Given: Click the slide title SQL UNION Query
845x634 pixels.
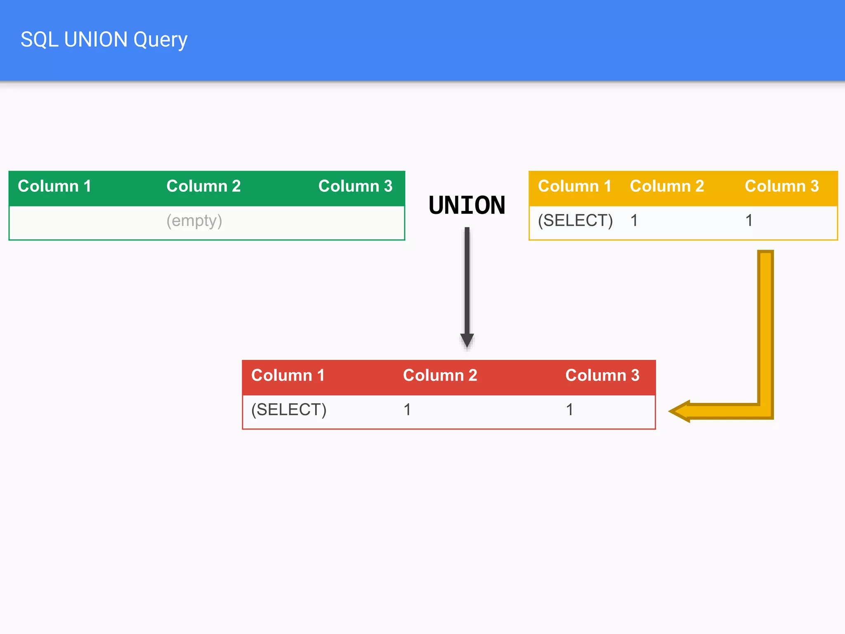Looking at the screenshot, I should click(x=104, y=40).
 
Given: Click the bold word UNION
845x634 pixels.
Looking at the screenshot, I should click(x=467, y=205).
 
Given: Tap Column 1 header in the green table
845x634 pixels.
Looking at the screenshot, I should click(x=54, y=186).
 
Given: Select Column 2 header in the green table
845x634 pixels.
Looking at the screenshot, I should click(x=203, y=186).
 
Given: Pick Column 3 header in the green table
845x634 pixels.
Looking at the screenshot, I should click(x=355, y=186).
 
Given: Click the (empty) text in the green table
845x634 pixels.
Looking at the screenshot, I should click(x=194, y=221).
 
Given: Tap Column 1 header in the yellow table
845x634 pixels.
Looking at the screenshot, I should click(x=574, y=186).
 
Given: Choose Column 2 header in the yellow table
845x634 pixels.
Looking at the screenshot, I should click(x=667, y=186).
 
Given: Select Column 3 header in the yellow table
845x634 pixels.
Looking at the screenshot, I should click(x=781, y=186).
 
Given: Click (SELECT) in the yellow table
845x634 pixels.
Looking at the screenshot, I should click(x=575, y=220).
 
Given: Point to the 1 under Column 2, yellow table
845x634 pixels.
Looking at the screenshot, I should click(x=634, y=220).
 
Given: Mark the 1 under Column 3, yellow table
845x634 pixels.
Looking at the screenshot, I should click(x=749, y=220).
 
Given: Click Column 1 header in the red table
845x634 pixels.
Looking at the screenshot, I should click(x=288, y=375).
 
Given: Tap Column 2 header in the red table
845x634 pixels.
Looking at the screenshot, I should click(x=440, y=375).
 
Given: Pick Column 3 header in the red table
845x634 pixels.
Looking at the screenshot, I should click(x=602, y=375).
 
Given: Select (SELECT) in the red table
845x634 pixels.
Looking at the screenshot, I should click(x=289, y=409).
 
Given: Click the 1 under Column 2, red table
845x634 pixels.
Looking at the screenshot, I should click(x=407, y=409).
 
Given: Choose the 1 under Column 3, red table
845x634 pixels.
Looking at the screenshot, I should click(x=569, y=409).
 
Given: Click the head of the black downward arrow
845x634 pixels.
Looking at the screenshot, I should click(x=467, y=340).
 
